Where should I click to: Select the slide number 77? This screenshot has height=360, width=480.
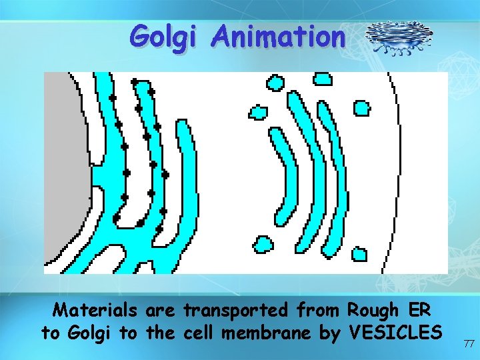pyautogui.click(x=467, y=343)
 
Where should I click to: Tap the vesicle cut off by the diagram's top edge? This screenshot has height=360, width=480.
pyautogui.click(x=323, y=79)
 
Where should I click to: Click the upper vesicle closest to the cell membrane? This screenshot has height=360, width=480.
pyautogui.click(x=361, y=107)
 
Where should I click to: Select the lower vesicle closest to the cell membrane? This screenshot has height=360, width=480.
pyautogui.click(x=359, y=254)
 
